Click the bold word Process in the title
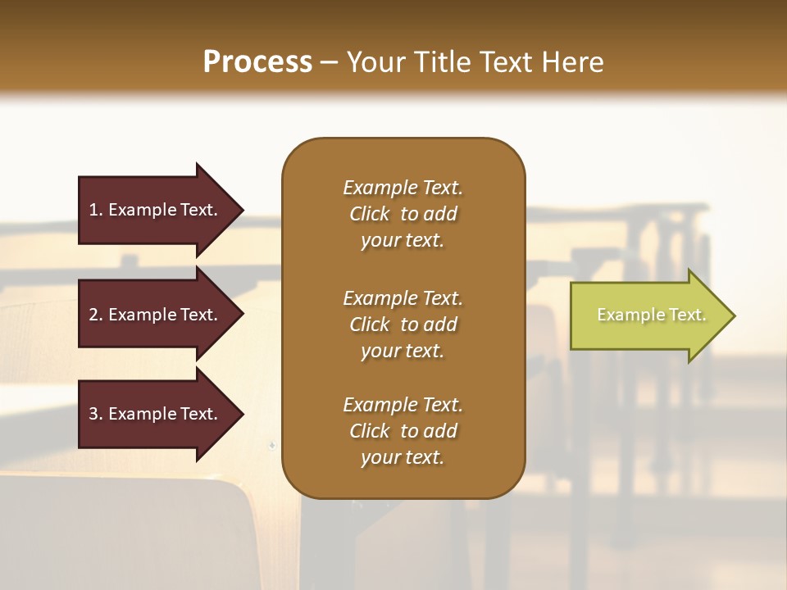coord(257,62)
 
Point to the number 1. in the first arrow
coord(96,210)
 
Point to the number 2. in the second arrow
coord(96,315)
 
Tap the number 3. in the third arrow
coord(96,414)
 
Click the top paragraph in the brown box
coord(403,214)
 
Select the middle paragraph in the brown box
coord(403,324)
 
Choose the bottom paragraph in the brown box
coord(403,431)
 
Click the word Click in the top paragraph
coord(369,214)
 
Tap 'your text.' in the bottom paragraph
coord(403,457)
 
